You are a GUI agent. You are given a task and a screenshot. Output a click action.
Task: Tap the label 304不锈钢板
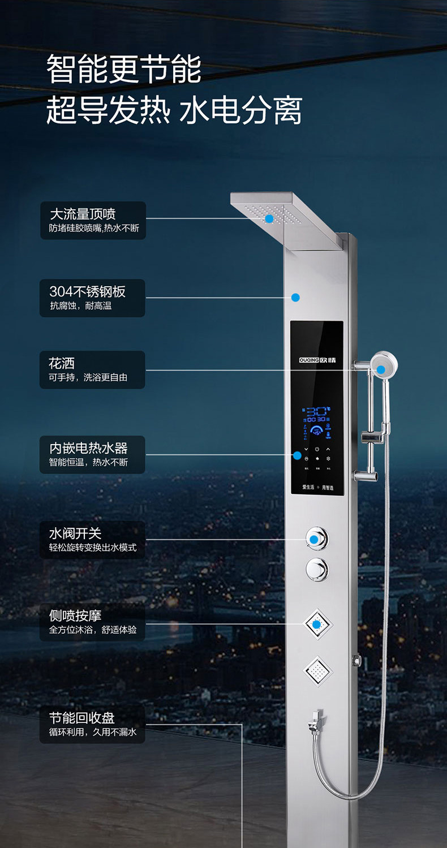coord(87,291)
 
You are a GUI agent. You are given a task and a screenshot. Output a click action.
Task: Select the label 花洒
coord(62,363)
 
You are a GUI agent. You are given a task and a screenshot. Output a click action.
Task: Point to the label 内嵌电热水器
coord(88,448)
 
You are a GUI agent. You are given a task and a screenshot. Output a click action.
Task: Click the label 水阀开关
coord(75,533)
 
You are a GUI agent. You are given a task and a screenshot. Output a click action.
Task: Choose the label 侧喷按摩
coord(75,615)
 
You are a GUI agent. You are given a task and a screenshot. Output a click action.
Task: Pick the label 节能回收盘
coord(81,717)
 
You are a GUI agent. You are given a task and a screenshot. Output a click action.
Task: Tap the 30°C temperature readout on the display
coord(319,411)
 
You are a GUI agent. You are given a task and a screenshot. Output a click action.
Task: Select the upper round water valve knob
coord(317,537)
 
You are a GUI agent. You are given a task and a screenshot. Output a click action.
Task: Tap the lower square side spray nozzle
coord(317,671)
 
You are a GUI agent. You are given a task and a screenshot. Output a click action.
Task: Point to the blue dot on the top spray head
coord(269,218)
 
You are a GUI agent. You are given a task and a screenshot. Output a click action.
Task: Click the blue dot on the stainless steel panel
coord(295,297)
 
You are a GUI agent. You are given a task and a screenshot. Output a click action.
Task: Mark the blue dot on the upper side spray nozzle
coord(317,625)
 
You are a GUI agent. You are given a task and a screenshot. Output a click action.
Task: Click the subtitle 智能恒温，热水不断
coord(88,462)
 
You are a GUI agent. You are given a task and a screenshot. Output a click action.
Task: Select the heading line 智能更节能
coord(124,70)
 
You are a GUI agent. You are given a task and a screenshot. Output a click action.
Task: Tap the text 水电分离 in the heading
coord(241,110)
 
